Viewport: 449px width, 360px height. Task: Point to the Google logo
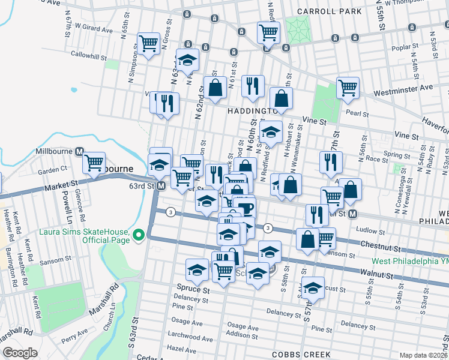coord(20,353)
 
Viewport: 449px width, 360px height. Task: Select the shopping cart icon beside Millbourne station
coord(94,163)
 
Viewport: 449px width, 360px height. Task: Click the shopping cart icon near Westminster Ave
coord(348,88)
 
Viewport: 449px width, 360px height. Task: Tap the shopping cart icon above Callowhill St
coord(148,43)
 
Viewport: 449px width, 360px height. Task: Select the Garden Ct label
coord(52,171)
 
